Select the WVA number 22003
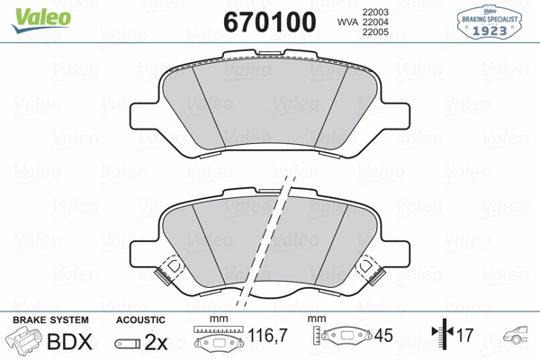375,10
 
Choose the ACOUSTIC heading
140,319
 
